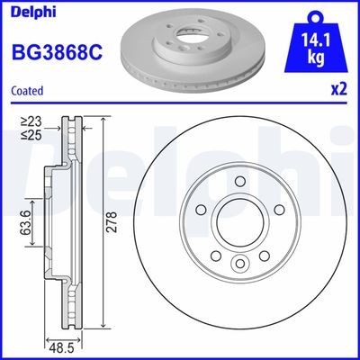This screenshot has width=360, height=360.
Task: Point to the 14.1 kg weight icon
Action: pos(316,44)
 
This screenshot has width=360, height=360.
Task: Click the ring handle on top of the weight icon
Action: pos(316,15)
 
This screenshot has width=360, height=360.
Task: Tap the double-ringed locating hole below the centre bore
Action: pos(240,263)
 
